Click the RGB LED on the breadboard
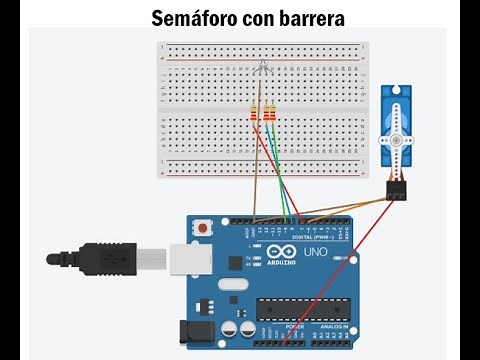(x=262, y=68)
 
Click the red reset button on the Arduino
(x=204, y=228)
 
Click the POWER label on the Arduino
(x=294, y=326)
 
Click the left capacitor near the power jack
(x=229, y=329)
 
